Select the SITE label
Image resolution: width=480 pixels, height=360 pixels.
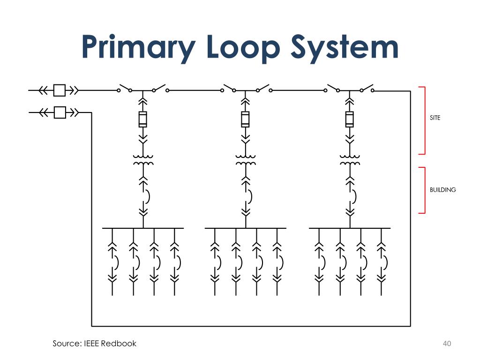435,118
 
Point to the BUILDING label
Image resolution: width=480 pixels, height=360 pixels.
442,190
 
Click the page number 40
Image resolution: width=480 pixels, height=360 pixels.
446,344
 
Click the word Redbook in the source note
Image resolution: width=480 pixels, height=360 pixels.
119,344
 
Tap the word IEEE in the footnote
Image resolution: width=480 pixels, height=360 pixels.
92,344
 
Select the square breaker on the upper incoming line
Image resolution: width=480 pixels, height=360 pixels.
60,90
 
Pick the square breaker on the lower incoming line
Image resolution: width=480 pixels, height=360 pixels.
60,112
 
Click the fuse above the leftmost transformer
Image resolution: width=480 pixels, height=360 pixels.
143,119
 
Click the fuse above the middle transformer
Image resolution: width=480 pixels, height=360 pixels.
245,119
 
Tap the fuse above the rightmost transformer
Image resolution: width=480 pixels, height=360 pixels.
350,119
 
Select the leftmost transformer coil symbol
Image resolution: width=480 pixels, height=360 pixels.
143,160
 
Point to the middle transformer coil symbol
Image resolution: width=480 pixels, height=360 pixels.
245,160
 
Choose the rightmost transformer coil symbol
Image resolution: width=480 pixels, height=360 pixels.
350,160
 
